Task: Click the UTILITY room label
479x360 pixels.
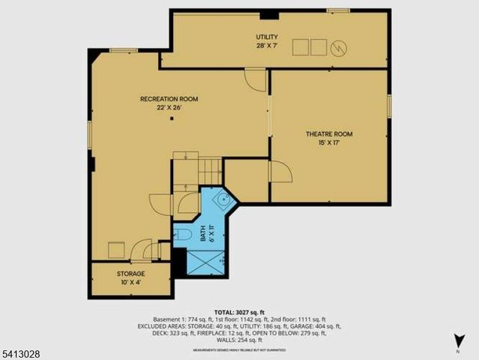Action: [266, 37]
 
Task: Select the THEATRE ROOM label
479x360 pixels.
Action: [328, 134]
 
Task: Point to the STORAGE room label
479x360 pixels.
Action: [130, 274]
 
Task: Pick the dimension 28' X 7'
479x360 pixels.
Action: [266, 46]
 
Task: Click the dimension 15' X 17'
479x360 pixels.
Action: [328, 144]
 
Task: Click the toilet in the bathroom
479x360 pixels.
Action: [182, 236]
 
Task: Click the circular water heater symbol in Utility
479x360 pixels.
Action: [338, 46]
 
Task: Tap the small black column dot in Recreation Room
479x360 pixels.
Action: [171, 118]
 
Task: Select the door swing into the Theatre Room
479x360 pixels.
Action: [280, 174]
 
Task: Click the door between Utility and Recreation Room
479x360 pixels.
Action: [255, 77]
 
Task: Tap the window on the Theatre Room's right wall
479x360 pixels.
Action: [389, 106]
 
